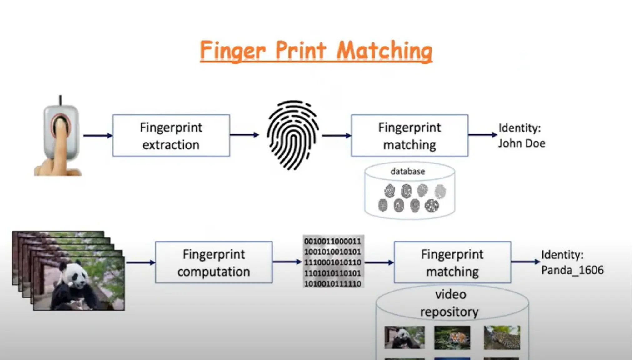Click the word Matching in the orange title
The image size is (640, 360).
384,51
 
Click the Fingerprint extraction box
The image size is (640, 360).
171,136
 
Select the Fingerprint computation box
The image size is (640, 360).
214,262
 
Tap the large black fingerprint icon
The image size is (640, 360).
292,135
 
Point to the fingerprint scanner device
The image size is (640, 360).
61,131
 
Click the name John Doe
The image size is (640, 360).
522,143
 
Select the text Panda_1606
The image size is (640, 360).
572,270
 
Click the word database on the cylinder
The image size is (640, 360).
407,171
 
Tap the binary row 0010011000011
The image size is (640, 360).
332,241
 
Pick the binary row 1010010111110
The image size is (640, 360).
332,284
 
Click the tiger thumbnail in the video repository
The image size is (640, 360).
452,338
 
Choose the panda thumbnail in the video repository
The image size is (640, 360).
404,337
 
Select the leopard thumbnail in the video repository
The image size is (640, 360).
502,337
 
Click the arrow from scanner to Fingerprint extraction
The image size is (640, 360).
98,136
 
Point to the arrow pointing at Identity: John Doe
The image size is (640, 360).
482,135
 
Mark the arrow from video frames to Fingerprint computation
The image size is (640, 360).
141,262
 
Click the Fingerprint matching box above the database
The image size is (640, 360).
409,136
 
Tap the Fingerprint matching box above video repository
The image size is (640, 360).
452,262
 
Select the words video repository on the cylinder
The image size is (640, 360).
450,303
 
